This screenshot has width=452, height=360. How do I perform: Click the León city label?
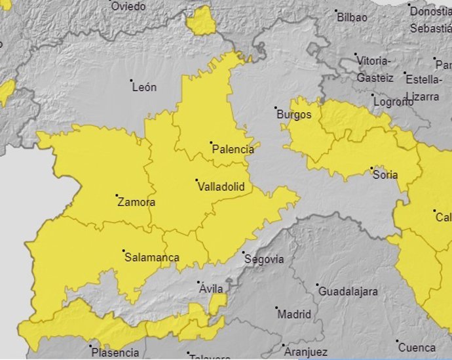click(x=144, y=87)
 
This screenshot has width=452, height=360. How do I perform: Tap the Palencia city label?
click(x=233, y=150)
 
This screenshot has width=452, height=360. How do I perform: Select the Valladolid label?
click(x=221, y=187)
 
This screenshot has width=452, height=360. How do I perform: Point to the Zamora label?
click(x=136, y=202)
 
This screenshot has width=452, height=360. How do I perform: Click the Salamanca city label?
click(x=151, y=258)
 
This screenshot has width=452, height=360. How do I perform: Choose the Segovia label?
click(x=264, y=259)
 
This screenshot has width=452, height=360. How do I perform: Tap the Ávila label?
click(x=211, y=289)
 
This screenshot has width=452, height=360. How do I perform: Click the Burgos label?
click(x=294, y=115)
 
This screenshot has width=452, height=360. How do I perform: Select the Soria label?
click(x=385, y=174)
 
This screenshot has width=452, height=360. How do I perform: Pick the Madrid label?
click(x=294, y=314)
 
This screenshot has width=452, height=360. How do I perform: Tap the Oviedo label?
click(x=128, y=6)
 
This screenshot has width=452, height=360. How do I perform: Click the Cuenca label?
click(x=417, y=348)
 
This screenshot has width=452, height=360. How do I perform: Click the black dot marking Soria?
click(x=371, y=168)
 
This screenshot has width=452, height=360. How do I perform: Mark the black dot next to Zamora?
click(x=117, y=195)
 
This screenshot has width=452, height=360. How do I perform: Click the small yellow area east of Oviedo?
click(x=201, y=22)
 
